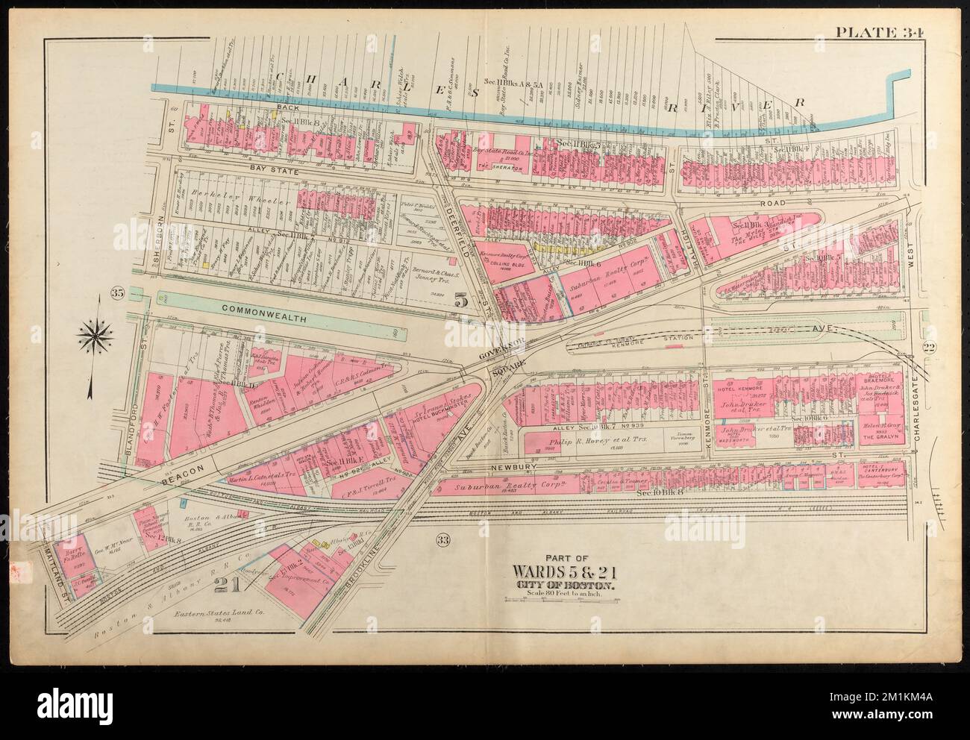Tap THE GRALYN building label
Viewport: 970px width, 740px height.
coord(880,439)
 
